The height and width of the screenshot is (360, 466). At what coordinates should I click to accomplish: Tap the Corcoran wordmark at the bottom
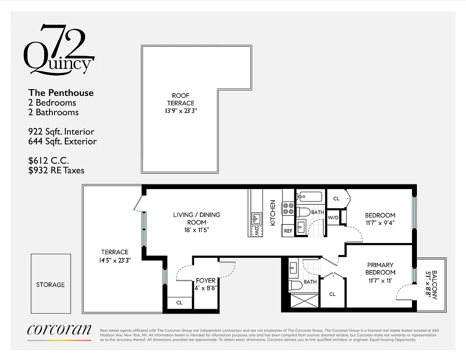pyautogui.click(x=59, y=330)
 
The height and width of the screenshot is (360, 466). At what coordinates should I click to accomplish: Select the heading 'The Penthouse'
pyautogui.click(x=61, y=93)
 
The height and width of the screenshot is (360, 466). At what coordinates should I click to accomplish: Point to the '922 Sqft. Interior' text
pyautogui.click(x=61, y=132)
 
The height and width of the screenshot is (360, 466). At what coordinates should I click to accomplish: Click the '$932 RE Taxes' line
pyautogui.click(x=56, y=170)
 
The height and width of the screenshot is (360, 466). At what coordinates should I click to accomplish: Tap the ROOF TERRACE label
pyautogui.click(x=181, y=99)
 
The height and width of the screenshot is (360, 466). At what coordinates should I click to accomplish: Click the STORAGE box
pyautogui.click(x=50, y=284)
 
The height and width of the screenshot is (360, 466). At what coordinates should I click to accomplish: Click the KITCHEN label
pyautogui.click(x=272, y=213)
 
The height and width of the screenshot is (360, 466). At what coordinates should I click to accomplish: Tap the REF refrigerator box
pyautogui.click(x=288, y=230)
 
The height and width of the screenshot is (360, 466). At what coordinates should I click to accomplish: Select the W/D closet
pyautogui.click(x=333, y=218)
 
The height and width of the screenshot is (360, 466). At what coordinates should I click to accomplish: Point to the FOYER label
pyautogui.click(x=206, y=280)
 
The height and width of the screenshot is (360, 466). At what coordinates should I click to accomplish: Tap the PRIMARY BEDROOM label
pyautogui.click(x=380, y=268)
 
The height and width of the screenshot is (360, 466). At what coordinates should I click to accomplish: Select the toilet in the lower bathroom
pyautogui.click(x=295, y=285)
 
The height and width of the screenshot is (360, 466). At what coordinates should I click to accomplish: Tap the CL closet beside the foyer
pyautogui.click(x=179, y=302)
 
